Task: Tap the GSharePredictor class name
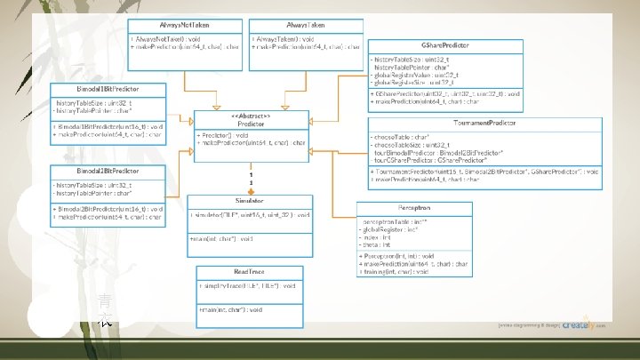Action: tap(445, 44)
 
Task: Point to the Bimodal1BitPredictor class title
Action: tap(107, 89)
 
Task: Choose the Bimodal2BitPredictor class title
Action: tap(107, 170)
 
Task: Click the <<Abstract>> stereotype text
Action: tap(251, 116)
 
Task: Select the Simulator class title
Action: tap(251, 202)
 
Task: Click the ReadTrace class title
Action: tap(250, 271)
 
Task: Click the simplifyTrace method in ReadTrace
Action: tap(246, 285)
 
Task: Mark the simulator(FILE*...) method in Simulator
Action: tap(249, 215)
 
